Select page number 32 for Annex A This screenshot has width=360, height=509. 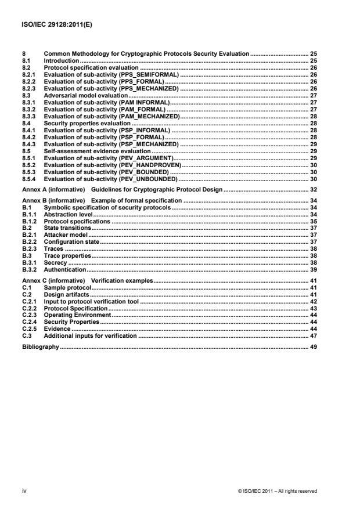314,190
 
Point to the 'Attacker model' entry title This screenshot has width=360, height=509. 66,233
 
